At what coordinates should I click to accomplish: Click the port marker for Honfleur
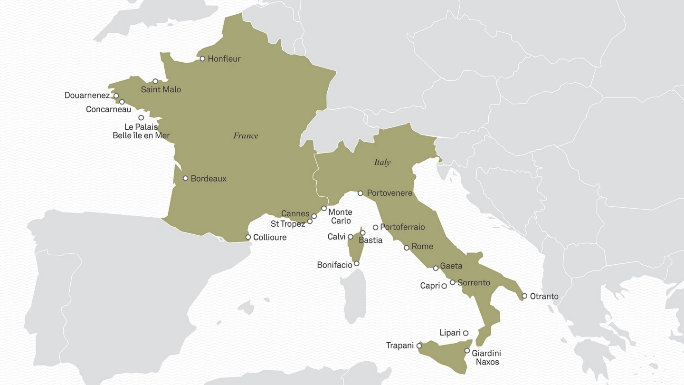(202, 59)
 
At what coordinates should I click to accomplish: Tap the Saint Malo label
(161, 89)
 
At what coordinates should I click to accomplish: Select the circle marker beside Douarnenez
(116, 96)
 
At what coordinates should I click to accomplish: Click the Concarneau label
(108, 109)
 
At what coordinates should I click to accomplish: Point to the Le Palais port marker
(141, 118)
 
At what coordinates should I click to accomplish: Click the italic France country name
(246, 136)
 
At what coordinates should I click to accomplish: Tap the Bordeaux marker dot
(185, 178)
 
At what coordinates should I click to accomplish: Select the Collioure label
(270, 237)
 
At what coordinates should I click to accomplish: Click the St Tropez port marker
(310, 221)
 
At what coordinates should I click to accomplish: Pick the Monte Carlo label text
(340, 216)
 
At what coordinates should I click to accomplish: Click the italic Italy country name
(382, 163)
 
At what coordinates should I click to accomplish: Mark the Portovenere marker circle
(360, 193)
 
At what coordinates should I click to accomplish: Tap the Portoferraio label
(402, 227)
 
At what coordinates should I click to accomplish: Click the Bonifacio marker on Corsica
(357, 263)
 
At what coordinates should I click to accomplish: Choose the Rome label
(422, 246)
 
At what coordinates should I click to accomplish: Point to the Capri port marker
(444, 286)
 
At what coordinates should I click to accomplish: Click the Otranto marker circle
(524, 296)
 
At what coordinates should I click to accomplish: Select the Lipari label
(450, 333)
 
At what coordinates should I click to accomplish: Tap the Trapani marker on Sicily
(419, 346)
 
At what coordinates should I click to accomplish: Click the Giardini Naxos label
(486, 357)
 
